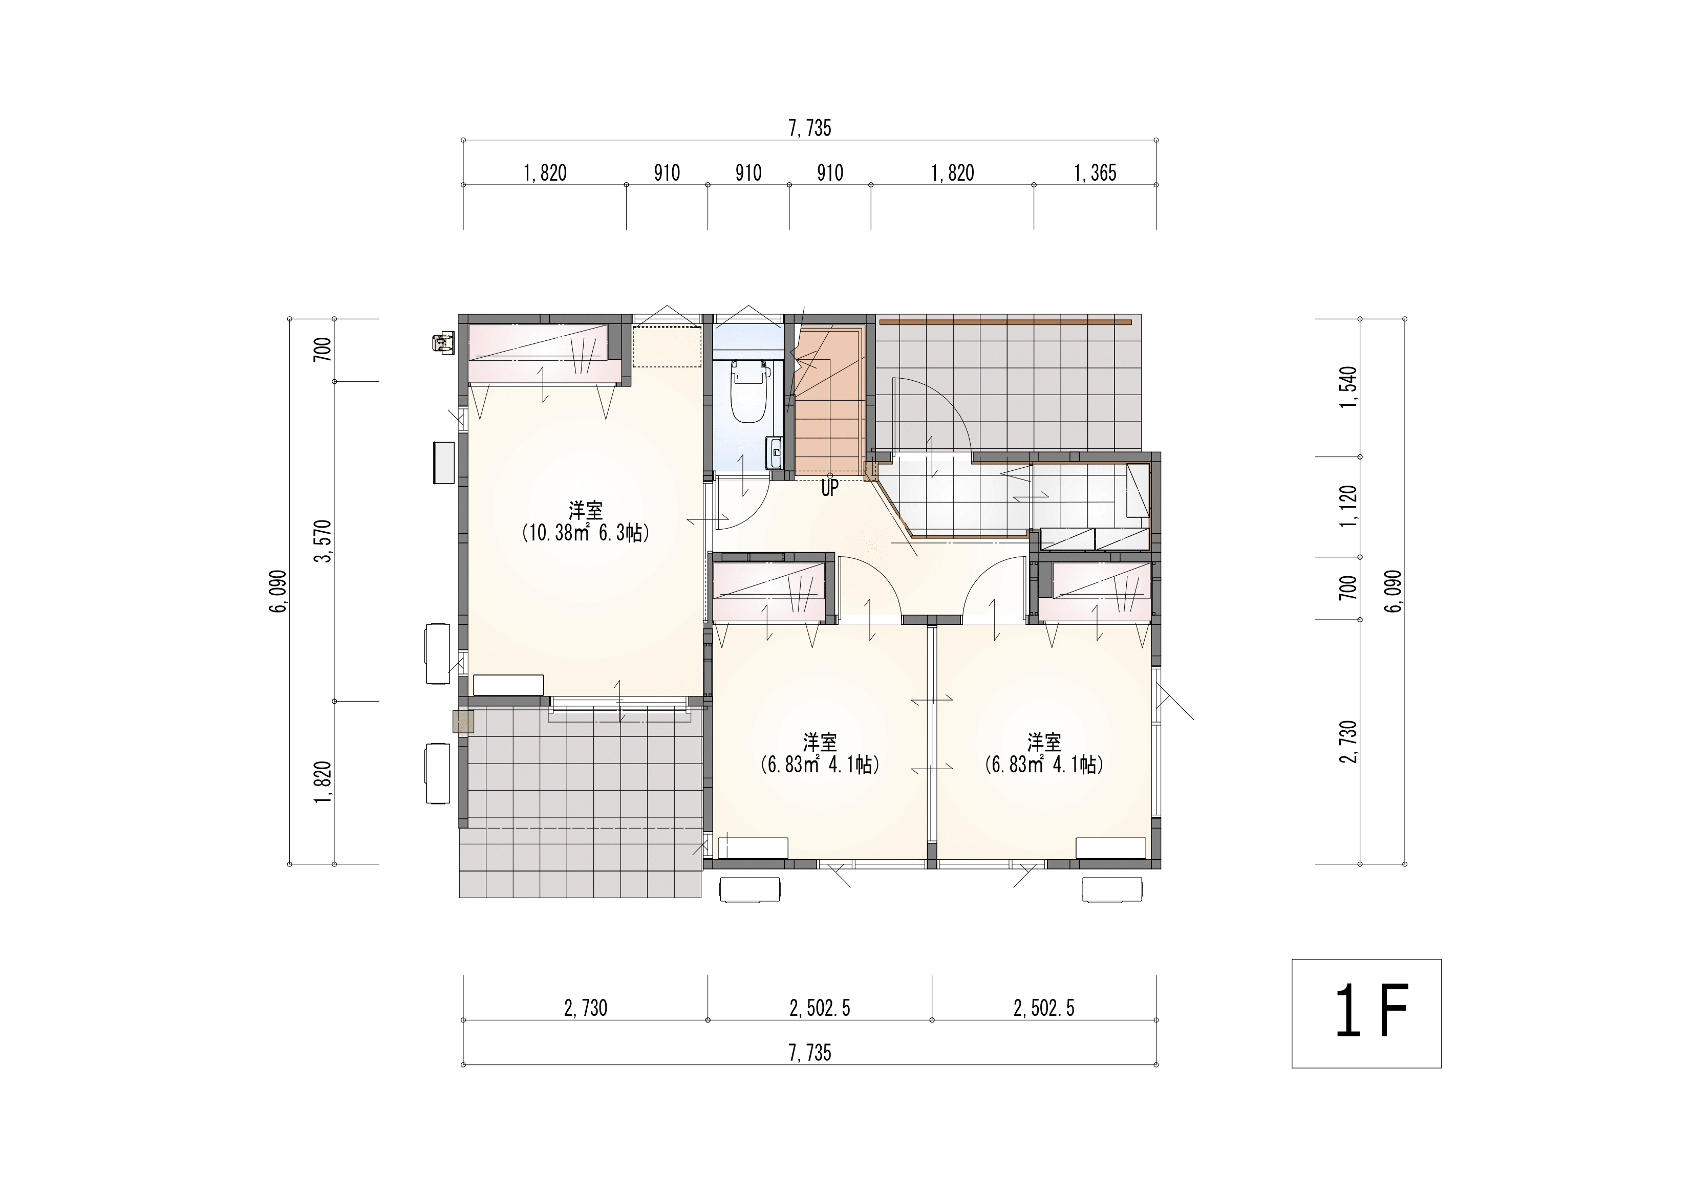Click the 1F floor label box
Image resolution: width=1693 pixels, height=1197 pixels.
point(1365,1013)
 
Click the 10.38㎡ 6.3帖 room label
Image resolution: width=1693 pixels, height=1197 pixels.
point(586,533)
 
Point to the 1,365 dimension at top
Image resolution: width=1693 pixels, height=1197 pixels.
point(1095,173)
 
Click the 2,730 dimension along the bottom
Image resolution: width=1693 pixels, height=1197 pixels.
point(586,1008)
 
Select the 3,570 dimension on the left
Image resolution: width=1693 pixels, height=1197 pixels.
point(323,541)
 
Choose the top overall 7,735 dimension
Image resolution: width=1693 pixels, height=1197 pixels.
point(809,128)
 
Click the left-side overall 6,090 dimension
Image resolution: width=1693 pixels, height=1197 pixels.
point(278,591)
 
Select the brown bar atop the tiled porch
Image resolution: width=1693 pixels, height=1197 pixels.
point(1005,322)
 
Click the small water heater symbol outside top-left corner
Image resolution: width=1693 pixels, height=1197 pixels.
point(442,343)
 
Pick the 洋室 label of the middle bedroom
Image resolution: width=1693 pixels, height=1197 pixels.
point(820,741)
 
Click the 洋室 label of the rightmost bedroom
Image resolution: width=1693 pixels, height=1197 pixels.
point(1044,741)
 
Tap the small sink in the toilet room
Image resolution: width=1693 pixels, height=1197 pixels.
point(775,452)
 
